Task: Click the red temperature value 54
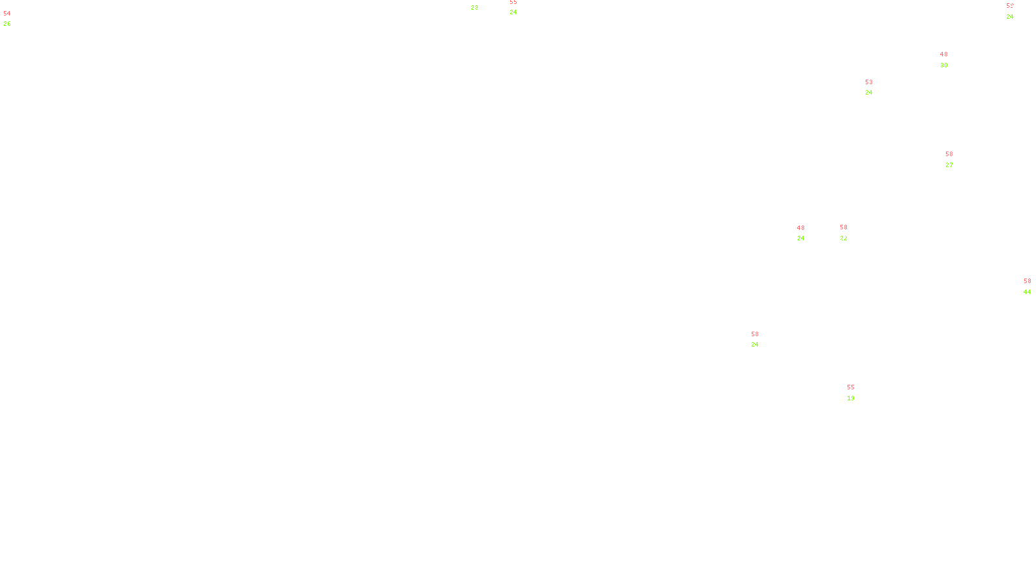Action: (x=7, y=14)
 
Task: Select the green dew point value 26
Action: (x=7, y=24)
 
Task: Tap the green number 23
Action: (x=475, y=8)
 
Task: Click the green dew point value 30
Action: (x=944, y=65)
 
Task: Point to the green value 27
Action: (x=949, y=165)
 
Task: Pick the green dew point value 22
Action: (x=844, y=238)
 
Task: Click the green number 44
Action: (x=1027, y=292)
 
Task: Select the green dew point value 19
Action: (x=851, y=398)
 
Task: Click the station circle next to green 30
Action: (x=951, y=60)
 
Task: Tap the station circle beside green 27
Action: (x=956, y=159)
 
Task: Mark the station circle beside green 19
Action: (x=857, y=393)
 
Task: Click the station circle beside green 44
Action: (x=1033, y=286)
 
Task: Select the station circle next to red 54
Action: (x=14, y=19)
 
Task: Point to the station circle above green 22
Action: (x=850, y=233)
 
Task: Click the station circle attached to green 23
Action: (x=481, y=3)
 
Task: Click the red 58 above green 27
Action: (x=949, y=154)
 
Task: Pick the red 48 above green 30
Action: (x=944, y=54)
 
